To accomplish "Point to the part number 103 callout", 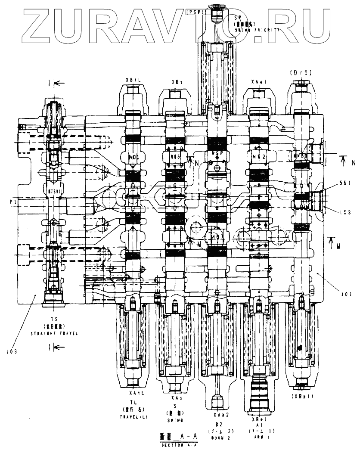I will tap(12, 351).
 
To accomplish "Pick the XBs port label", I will tap(177, 81).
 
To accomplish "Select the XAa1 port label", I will tap(258, 81).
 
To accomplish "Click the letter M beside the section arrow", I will tap(339, 246).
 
